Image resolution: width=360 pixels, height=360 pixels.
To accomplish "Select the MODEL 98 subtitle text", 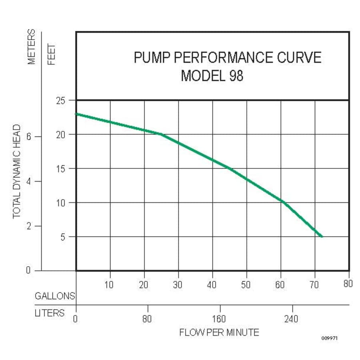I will pos(212,76).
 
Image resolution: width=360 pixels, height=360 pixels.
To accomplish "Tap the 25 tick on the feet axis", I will pos(60,100).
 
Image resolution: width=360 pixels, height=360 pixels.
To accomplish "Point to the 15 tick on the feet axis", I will pos(60,168).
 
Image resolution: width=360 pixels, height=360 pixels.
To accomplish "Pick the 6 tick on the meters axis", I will pos(28,136).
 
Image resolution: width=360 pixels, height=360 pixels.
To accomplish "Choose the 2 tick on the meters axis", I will pos(28,226).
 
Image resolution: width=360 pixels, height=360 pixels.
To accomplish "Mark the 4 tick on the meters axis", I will pos(28,181).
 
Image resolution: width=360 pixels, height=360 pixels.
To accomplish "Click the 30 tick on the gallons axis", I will pos(178,284).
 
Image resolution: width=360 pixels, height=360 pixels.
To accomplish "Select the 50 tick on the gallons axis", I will pos(246,284).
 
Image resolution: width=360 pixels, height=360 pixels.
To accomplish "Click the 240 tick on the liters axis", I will pos(291,319).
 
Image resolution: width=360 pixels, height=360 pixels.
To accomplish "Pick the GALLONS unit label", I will pos(55,296).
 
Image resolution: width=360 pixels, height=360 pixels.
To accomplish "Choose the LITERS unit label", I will pos(50,313).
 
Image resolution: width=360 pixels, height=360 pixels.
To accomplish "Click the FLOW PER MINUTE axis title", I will pos(219,332).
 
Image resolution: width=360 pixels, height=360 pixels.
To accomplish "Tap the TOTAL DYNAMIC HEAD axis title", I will pos(17,171).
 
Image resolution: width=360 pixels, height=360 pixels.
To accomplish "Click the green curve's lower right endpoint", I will pos(322,237).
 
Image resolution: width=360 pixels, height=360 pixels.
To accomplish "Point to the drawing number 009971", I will pos(330,338).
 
